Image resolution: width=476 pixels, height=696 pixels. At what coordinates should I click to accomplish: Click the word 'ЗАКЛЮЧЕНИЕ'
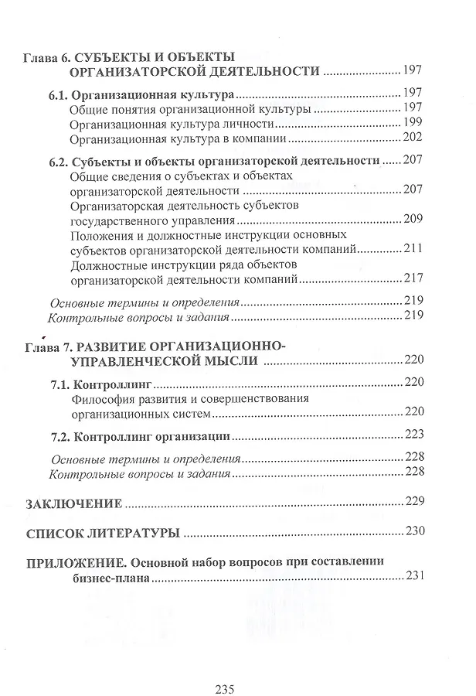tap(74, 503)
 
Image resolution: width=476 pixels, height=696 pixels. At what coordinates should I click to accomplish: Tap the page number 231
tap(414, 577)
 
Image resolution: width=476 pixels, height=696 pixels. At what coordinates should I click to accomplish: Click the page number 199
tap(413, 125)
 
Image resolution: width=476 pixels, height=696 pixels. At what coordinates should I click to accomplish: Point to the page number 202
tap(413, 139)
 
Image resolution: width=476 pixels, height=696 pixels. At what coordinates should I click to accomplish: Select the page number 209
tap(413, 220)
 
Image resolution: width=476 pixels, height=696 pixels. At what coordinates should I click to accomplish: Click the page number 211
tap(413, 249)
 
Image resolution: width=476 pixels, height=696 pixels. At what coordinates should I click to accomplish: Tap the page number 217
tap(413, 278)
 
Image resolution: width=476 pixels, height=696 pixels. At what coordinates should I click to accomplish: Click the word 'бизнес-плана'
tap(110, 577)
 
